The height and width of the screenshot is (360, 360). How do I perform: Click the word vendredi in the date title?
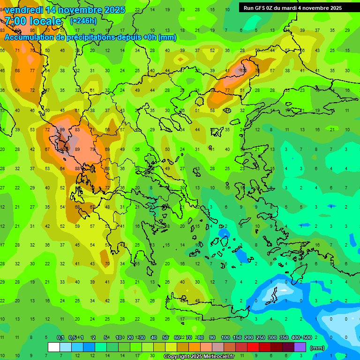pos(23,10)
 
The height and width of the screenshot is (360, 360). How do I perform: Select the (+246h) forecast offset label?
pos(83,21)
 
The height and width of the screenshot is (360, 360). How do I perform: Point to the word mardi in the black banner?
pos(286,8)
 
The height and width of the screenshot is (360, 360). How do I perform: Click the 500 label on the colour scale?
pos(307,337)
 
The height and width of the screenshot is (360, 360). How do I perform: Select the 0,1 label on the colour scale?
pos(60,337)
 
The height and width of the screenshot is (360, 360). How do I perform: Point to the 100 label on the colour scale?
pos(225,337)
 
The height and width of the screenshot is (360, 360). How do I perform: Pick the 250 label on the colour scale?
pos(261,337)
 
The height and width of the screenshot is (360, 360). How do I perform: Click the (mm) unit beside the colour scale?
pos(317,348)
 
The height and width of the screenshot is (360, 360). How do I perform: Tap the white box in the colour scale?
pos(54,347)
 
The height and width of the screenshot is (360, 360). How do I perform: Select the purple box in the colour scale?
pos(300,347)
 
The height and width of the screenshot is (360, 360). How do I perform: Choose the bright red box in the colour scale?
pos(253,347)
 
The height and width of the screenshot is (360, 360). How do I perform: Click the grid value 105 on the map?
pos(243,70)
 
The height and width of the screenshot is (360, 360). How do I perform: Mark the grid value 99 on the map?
pos(62,130)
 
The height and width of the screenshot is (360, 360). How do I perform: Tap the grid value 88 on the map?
pos(77,169)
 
